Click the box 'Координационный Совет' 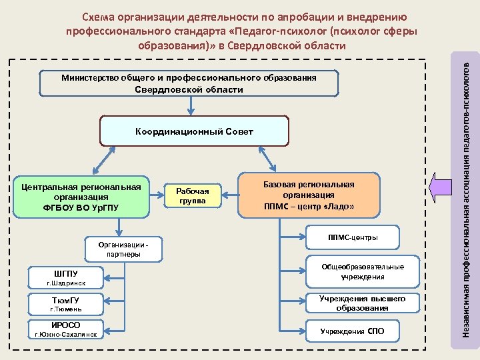194,132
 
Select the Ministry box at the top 189,83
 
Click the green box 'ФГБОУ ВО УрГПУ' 81,197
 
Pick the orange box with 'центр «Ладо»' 309,195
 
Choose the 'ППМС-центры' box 352,238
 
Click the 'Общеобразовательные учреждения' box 363,271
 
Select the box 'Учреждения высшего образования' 363,303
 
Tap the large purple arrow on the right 441,187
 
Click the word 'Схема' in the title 99,17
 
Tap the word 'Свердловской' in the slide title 289,45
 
